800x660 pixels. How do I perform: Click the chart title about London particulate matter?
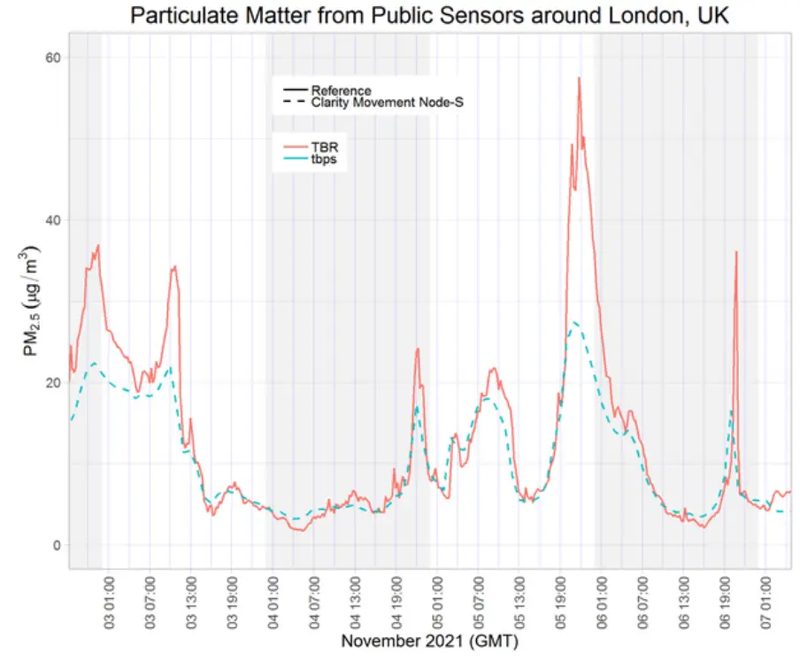click(x=429, y=15)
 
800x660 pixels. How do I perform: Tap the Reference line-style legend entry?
click(x=341, y=90)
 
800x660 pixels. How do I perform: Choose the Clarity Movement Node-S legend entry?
click(x=387, y=103)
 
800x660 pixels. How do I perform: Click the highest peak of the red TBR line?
click(x=579, y=78)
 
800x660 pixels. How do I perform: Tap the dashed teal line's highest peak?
click(x=575, y=322)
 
